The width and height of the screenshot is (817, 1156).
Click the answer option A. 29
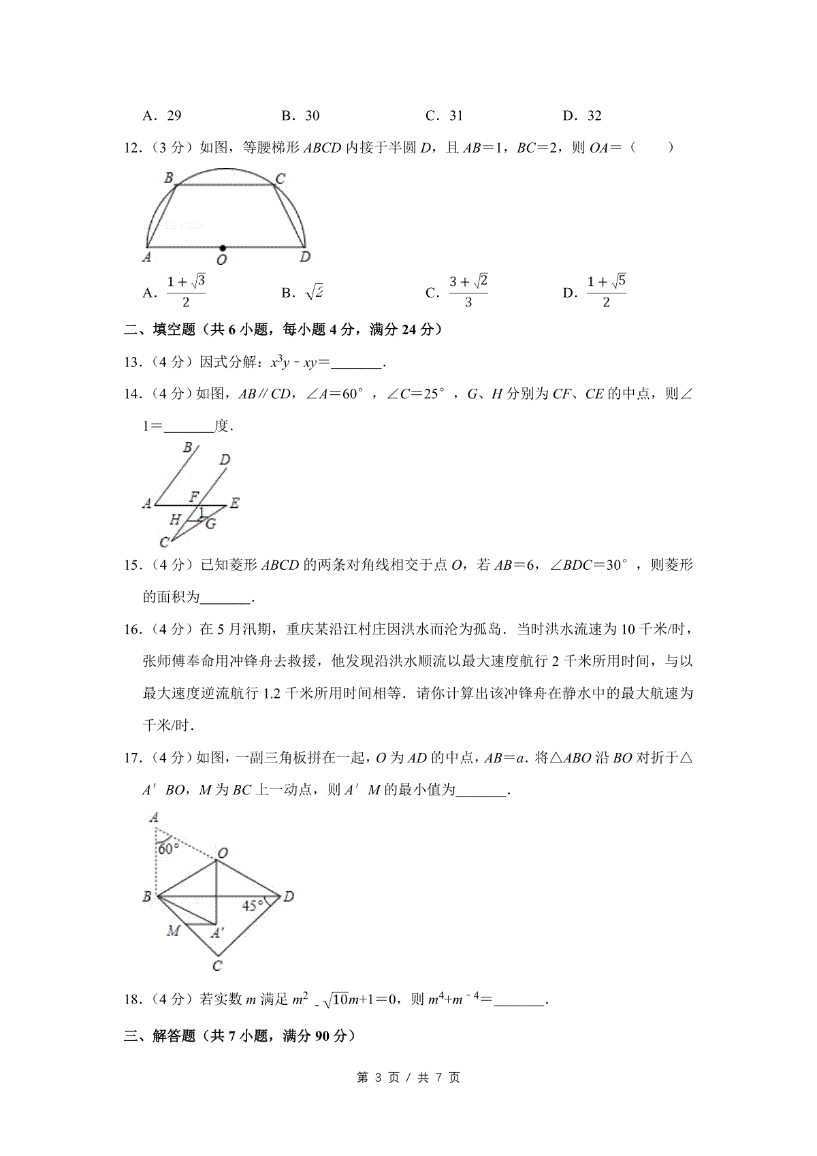(162, 116)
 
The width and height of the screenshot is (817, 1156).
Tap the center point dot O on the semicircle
(223, 248)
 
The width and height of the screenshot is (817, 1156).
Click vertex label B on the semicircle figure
(168, 178)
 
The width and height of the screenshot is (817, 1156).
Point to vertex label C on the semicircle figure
(280, 179)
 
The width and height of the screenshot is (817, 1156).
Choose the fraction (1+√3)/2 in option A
(186, 291)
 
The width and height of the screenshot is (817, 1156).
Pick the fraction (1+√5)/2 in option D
(606, 291)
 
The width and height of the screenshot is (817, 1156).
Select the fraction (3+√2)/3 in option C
(468, 291)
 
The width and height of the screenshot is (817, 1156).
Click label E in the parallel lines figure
(235, 503)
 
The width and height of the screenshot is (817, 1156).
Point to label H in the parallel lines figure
(175, 519)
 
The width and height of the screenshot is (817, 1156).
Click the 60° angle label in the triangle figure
(168, 849)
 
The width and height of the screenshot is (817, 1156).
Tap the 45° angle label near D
(253, 905)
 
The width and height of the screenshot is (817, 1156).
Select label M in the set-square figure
(173, 930)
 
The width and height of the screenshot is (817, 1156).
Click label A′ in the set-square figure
(217, 933)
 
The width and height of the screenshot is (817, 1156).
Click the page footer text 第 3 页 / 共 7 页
(408, 1078)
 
